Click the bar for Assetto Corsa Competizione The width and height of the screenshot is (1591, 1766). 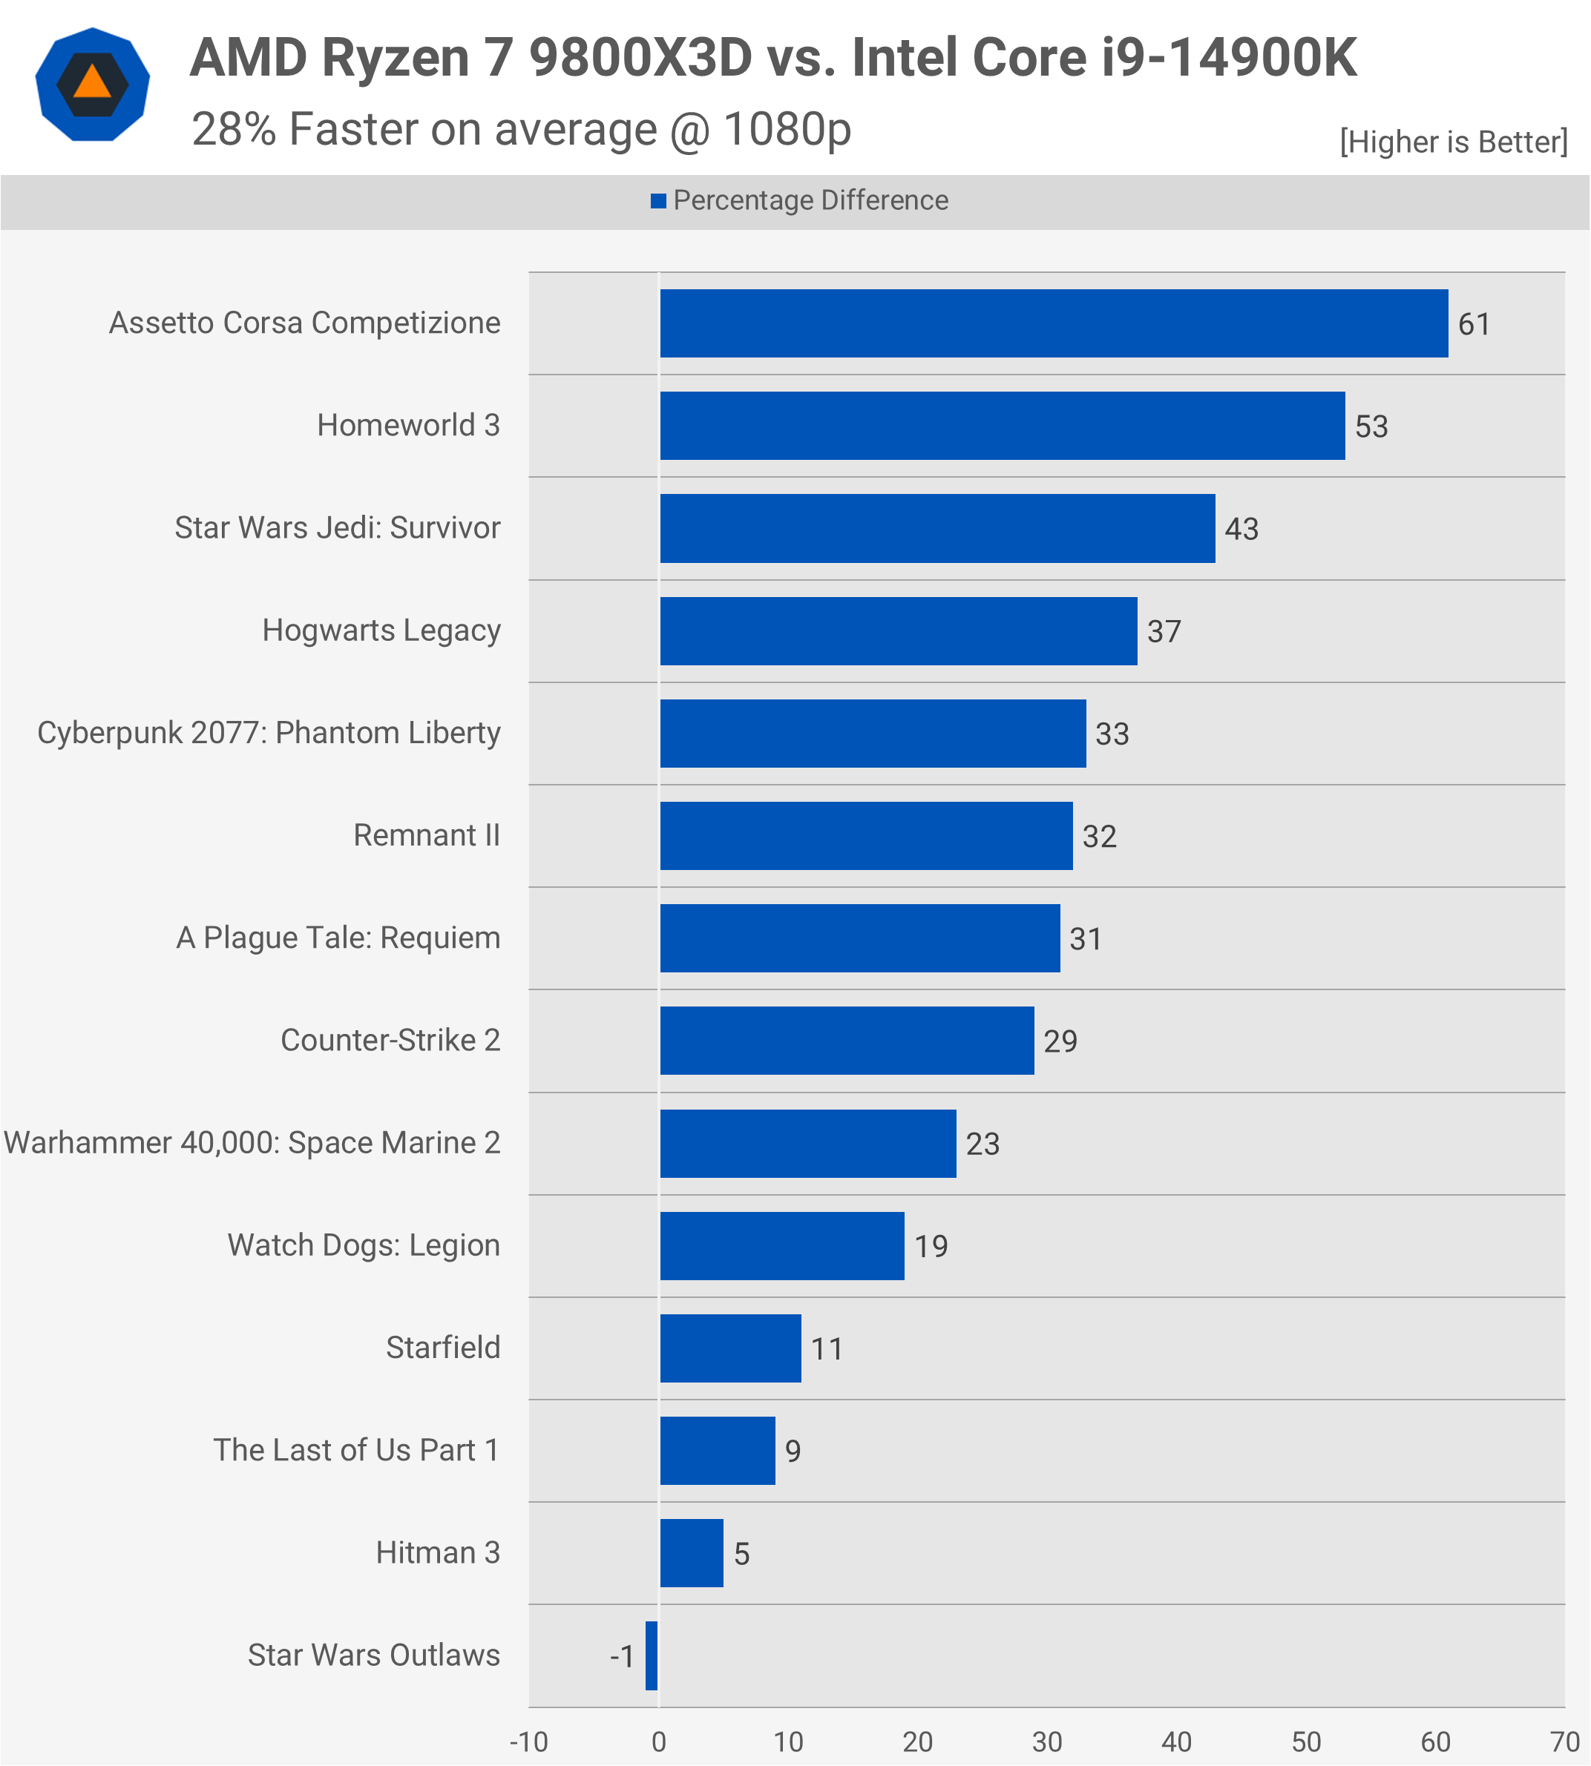tap(1054, 323)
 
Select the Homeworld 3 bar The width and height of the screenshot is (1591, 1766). tap(1002, 426)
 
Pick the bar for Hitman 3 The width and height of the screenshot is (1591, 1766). tap(692, 1553)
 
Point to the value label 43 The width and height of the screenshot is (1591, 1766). tap(1241, 529)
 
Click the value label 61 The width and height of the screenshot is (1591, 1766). tap(1474, 324)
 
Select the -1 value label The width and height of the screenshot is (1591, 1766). tap(622, 1657)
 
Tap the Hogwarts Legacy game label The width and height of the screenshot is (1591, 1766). tap(381, 630)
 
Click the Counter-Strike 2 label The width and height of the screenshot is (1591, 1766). tap(390, 1040)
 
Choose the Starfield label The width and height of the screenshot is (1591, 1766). tap(443, 1348)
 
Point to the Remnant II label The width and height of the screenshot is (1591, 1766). tap(427, 835)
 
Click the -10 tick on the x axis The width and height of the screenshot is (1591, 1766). tap(529, 1742)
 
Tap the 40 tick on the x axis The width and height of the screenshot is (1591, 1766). tap(1177, 1742)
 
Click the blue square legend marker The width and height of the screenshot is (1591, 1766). tap(658, 201)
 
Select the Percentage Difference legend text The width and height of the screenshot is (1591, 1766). tap(810, 201)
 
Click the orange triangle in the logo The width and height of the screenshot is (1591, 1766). tap(93, 83)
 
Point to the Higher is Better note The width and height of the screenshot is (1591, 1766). tap(1454, 142)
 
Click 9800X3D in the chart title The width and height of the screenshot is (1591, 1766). tap(640, 58)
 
